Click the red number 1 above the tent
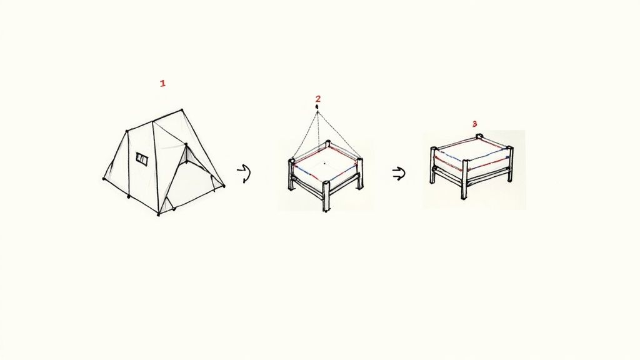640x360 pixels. tap(162, 83)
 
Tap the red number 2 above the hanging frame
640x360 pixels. tap(318, 99)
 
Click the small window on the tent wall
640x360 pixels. tap(142, 159)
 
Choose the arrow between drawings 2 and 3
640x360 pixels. tap(398, 174)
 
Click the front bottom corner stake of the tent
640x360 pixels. tap(159, 214)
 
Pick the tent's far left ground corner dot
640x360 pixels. tap(104, 179)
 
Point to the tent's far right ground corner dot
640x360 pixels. tap(224, 185)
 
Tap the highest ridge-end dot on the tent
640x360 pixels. tap(182, 111)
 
